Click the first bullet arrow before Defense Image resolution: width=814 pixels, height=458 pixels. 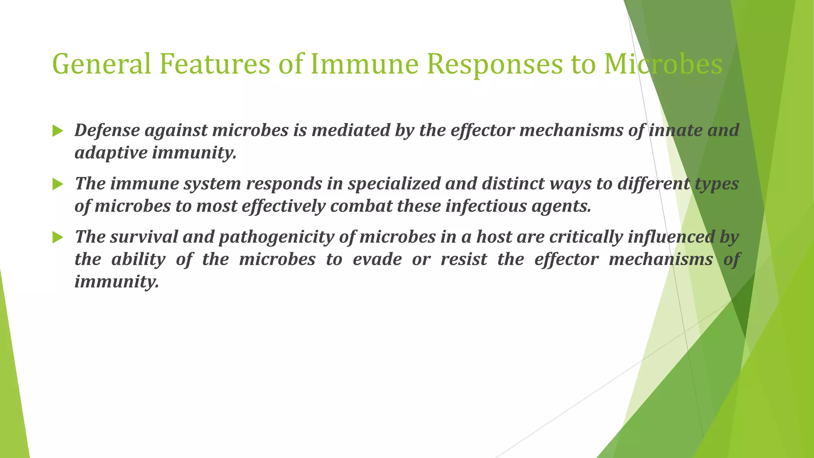click(58, 131)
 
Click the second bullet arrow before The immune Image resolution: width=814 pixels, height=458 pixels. click(58, 184)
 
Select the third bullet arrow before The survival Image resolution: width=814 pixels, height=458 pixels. click(58, 237)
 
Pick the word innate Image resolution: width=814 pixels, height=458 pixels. click(676, 130)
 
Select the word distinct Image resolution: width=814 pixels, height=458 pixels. click(512, 184)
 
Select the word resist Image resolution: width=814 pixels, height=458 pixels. click(463, 260)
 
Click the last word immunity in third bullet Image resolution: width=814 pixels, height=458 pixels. click(116, 282)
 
